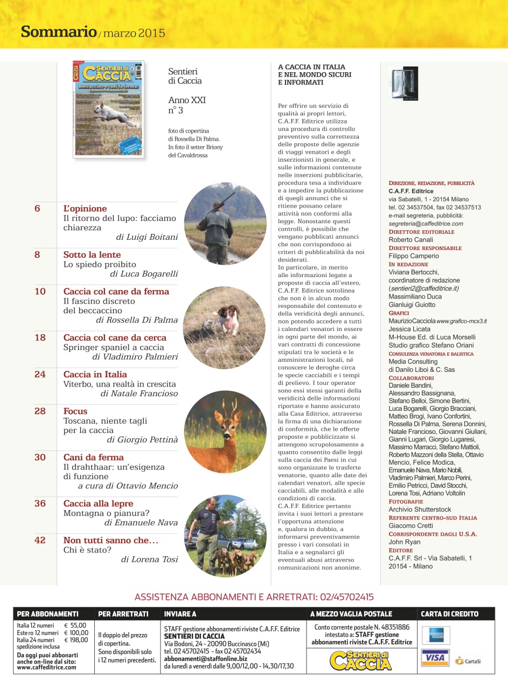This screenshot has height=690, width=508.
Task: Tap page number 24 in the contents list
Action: point(40,374)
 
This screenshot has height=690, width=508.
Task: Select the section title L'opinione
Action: point(85,209)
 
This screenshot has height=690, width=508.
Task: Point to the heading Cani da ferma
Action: point(94,457)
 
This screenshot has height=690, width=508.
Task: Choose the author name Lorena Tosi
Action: point(149,559)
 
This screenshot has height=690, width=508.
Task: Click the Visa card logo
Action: point(436,659)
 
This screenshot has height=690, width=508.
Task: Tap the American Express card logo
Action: point(436,634)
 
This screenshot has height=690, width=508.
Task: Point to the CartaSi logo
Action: point(468,660)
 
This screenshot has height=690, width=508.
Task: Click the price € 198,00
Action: point(75,640)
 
